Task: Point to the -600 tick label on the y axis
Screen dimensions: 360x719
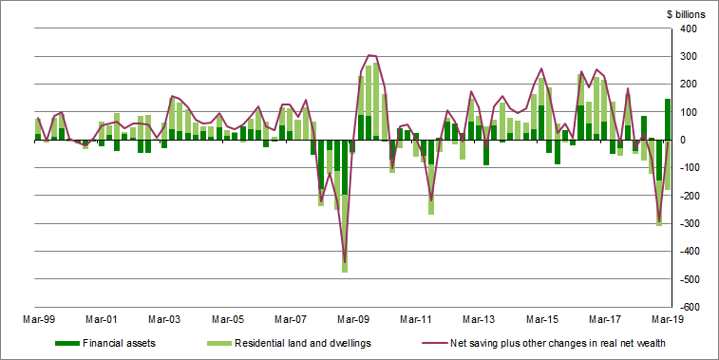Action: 688,307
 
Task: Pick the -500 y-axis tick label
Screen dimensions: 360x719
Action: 688,279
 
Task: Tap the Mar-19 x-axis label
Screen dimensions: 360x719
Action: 669,320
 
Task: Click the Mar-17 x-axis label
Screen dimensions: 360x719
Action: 605,320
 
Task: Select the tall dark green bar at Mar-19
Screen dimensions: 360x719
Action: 668,119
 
